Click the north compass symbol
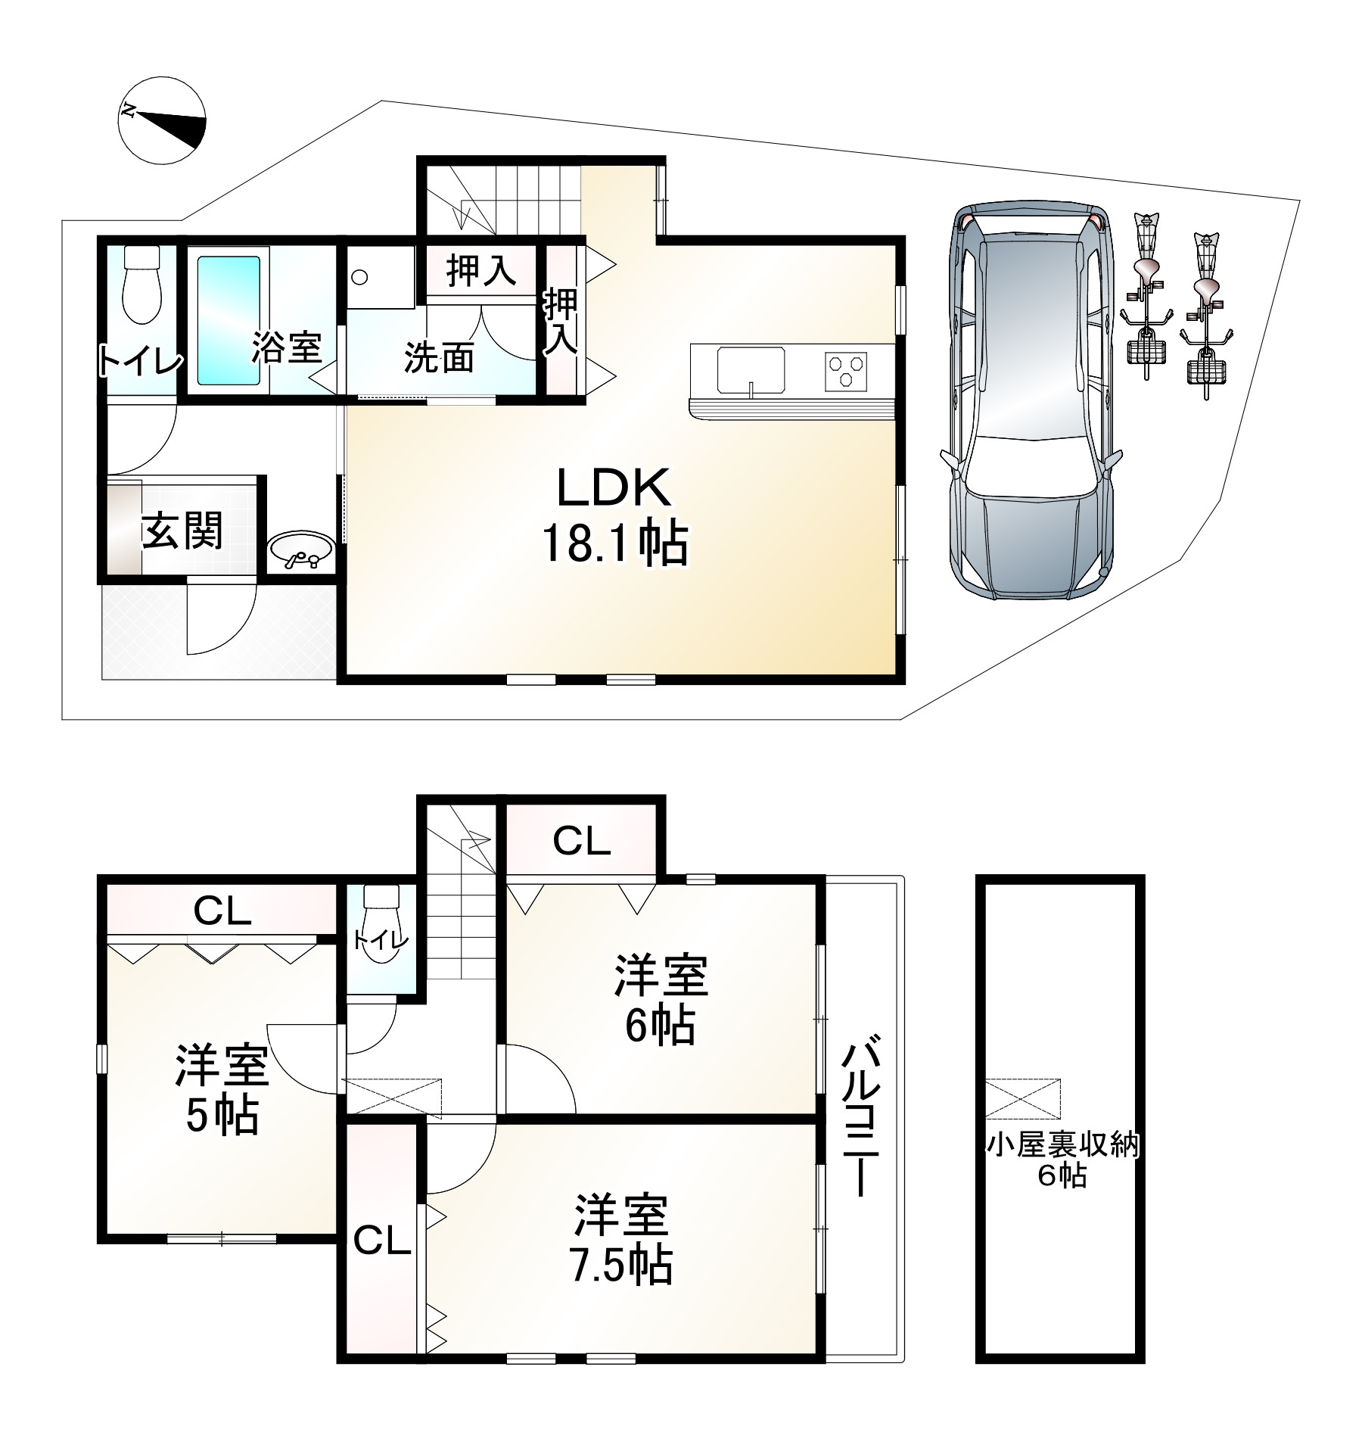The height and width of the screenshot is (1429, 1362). (x=162, y=120)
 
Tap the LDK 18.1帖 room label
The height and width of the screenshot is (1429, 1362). (x=614, y=516)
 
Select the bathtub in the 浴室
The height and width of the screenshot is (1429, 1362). (x=228, y=320)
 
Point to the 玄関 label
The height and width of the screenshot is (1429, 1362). (x=183, y=531)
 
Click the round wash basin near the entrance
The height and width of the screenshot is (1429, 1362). (x=300, y=549)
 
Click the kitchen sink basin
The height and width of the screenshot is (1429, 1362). (x=750, y=369)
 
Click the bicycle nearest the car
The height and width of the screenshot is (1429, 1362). (x=1148, y=303)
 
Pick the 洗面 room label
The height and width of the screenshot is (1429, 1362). (x=440, y=358)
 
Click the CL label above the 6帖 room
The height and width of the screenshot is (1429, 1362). (x=581, y=841)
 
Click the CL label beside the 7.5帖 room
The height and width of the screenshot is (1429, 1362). (x=382, y=1241)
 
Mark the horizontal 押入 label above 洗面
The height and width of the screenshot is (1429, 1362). (x=481, y=271)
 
